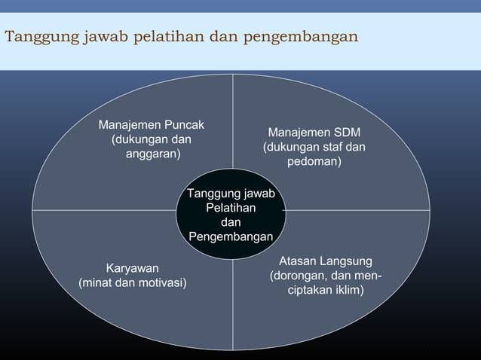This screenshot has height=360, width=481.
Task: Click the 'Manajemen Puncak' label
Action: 151,124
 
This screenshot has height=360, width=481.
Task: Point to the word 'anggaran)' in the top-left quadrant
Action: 153,154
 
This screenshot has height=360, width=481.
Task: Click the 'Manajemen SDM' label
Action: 314,133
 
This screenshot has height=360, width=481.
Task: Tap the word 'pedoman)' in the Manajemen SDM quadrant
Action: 314,161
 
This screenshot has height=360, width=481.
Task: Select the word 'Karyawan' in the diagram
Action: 133,268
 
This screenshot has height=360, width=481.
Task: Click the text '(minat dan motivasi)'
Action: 133,282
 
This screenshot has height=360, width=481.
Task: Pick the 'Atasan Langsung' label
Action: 325,261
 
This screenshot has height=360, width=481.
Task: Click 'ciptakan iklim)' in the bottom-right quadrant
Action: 325,289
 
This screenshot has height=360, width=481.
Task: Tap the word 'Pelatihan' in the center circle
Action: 231,207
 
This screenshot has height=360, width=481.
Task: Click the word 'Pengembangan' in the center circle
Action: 231,236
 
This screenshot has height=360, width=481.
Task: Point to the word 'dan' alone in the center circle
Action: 231,222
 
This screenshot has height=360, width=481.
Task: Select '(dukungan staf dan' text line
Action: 314,147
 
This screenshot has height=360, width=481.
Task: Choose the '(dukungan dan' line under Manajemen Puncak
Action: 151,139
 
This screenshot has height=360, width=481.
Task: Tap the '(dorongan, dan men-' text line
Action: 325,275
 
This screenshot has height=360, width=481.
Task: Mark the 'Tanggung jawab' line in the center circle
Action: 231,194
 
